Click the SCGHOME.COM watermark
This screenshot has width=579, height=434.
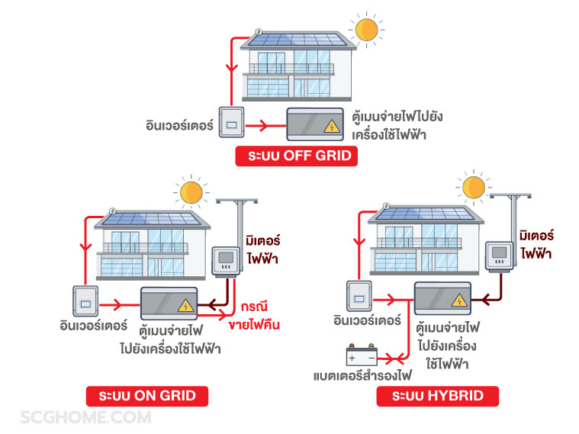tap(85, 417)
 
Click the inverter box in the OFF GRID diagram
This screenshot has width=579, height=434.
tap(232, 123)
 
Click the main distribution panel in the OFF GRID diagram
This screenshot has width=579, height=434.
tap(314, 124)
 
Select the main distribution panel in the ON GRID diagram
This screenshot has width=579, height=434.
tap(167, 303)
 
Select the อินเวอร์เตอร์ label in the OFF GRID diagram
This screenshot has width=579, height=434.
tap(179, 123)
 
